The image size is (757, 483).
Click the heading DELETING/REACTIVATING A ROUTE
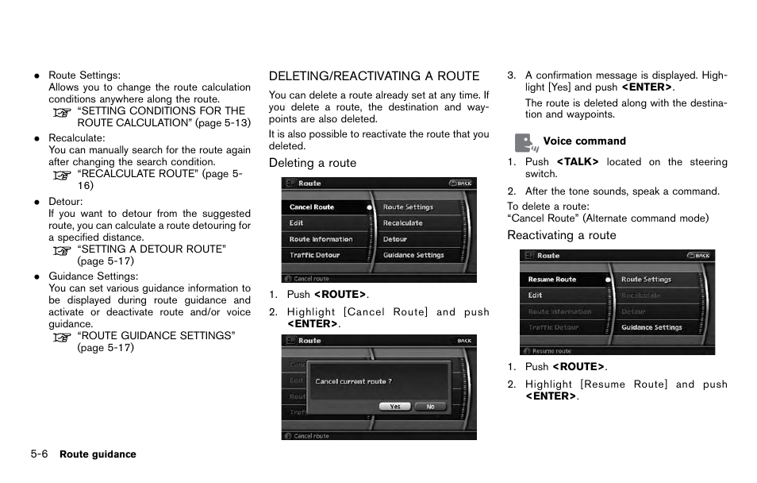coord(374,76)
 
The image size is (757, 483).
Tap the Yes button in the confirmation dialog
coord(394,406)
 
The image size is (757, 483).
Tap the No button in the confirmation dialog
coord(430,406)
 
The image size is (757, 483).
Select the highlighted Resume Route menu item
coord(552,280)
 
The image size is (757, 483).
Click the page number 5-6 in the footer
coord(40,454)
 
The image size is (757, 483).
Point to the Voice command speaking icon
coord(525,142)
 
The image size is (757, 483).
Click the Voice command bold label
coord(584,141)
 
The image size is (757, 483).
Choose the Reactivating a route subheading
coord(561,235)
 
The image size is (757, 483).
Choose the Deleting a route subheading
coord(312,163)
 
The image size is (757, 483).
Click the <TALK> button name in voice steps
coord(577,162)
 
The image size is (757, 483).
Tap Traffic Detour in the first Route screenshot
coord(314,255)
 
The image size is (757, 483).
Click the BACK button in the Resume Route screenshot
coord(700,256)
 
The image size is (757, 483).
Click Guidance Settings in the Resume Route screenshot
coord(651,327)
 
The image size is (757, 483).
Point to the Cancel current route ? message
coord(353,381)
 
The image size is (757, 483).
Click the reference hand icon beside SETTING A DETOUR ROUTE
coord(62,250)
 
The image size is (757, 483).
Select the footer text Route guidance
coord(98,454)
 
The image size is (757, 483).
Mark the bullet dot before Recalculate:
coord(37,138)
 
